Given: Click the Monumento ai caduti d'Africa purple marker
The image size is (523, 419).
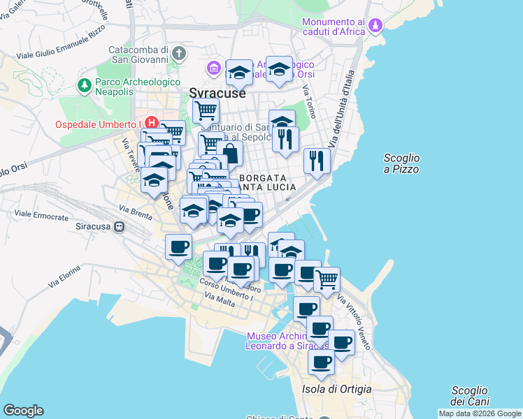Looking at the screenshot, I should (376, 26).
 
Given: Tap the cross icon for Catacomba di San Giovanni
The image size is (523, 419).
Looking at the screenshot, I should (179, 53).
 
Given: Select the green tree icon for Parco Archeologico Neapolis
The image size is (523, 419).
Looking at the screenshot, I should (85, 85).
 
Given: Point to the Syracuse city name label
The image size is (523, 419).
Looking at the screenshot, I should (217, 93).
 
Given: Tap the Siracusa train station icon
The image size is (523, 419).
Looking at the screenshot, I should (120, 226).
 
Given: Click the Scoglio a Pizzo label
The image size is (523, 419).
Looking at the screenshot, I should (401, 163).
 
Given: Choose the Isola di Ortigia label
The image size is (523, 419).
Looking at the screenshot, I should (336, 389).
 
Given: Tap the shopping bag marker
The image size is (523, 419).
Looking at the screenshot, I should (229, 154).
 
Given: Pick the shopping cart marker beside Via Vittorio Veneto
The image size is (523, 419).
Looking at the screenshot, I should (327, 280).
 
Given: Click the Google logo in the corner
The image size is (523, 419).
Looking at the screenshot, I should (23, 411).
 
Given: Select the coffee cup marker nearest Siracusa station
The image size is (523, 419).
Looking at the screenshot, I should (179, 247).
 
